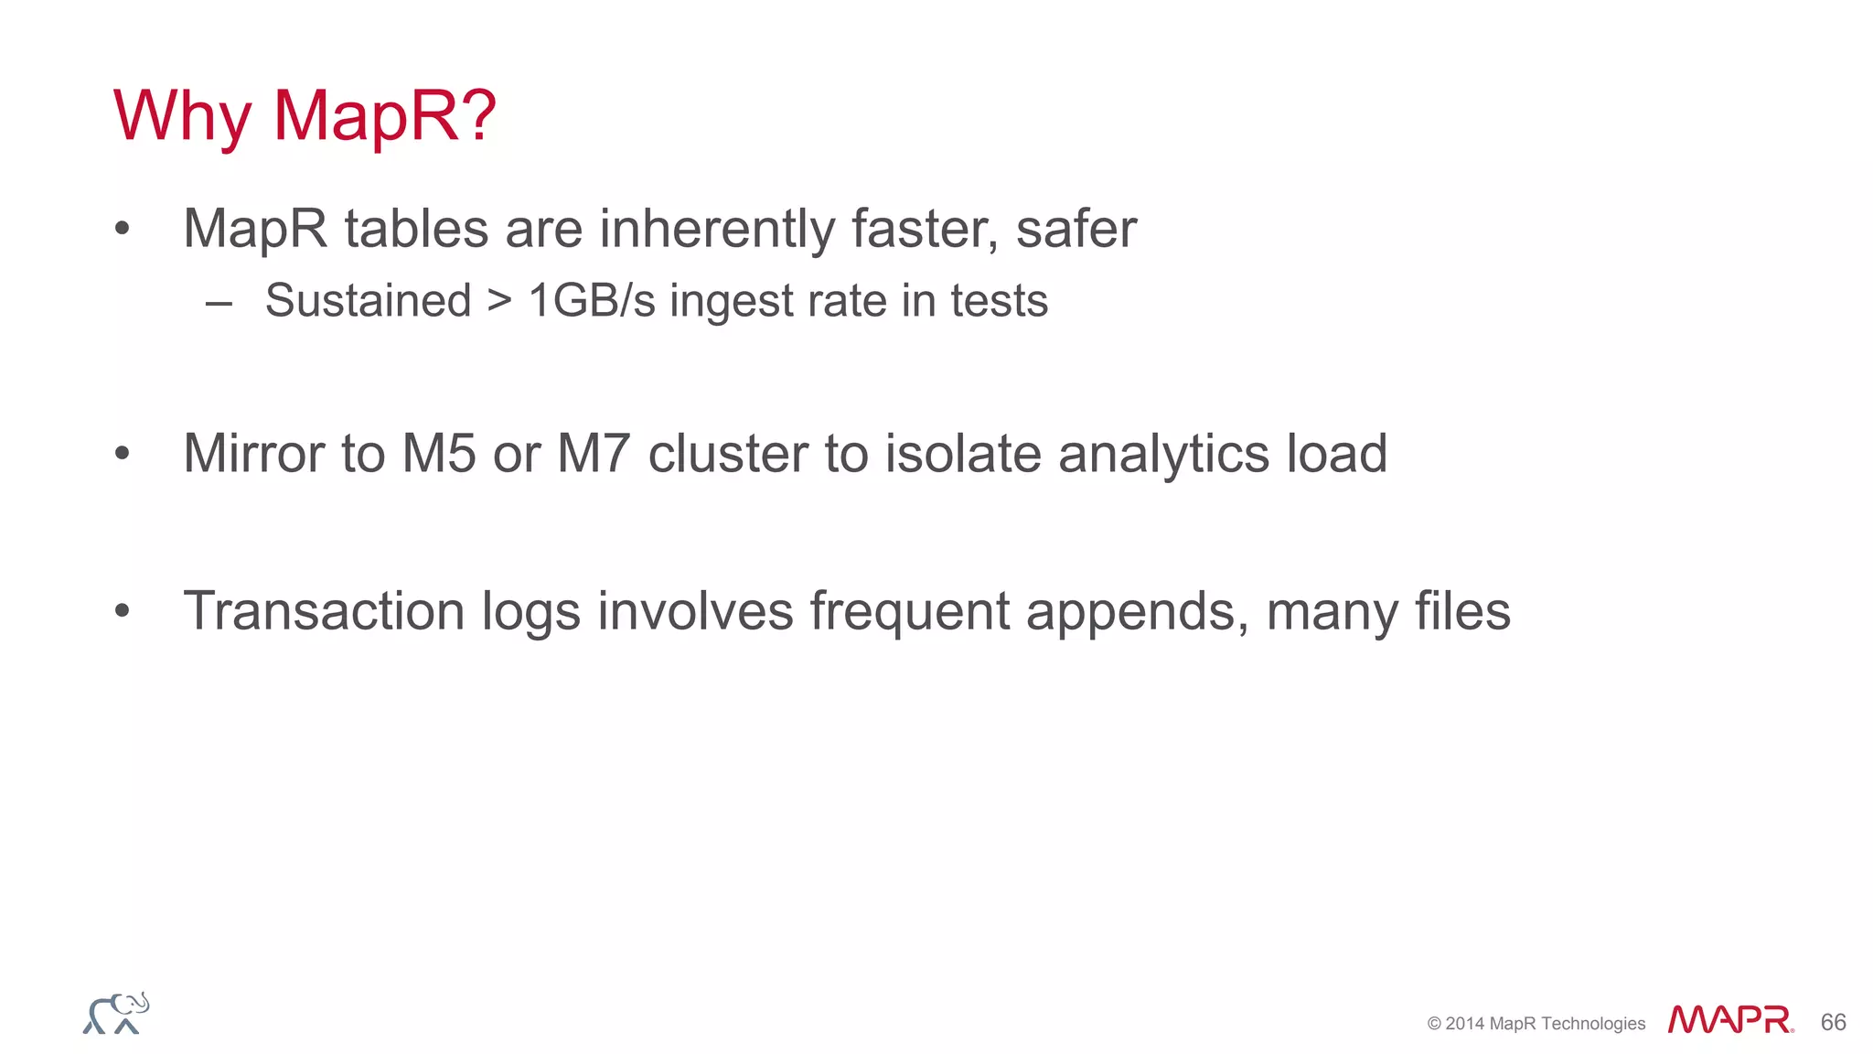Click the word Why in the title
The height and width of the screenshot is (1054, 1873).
pos(182,116)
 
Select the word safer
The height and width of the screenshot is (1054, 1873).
pos(1076,228)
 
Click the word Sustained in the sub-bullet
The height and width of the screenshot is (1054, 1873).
pos(368,300)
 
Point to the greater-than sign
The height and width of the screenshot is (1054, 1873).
pos(499,300)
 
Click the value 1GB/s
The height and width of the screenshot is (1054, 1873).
pos(592,300)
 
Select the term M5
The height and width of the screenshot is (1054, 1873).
pos(439,453)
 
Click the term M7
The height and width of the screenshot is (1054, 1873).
pos(594,453)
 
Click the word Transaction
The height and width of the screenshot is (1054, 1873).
pos(324,610)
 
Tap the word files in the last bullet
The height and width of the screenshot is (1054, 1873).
pos(1462,610)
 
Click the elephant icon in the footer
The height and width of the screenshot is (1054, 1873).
pos(116,1014)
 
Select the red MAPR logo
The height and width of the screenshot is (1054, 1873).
pos(1729,1020)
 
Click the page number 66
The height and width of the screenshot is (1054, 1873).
pos(1833,1022)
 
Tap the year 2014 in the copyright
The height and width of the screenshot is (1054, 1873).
pos(1464,1024)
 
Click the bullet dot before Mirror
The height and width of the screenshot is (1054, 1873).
pos(123,453)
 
